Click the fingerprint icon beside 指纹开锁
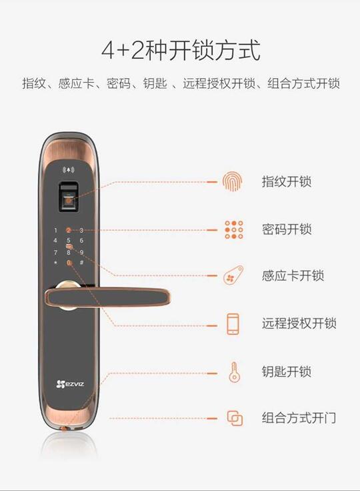tap(233, 181)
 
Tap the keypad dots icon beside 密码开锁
tap(233, 229)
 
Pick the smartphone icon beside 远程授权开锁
tap(233, 324)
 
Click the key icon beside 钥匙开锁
tap(233, 371)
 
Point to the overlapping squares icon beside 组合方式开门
tap(233, 418)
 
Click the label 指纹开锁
tap(287, 181)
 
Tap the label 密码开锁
tap(287, 229)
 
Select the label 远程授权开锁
tap(299, 324)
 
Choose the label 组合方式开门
tap(299, 418)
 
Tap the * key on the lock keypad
tap(55, 263)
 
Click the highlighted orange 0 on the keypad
tap(68, 264)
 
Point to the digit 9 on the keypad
tap(81, 253)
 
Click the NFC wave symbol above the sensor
tap(68, 169)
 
